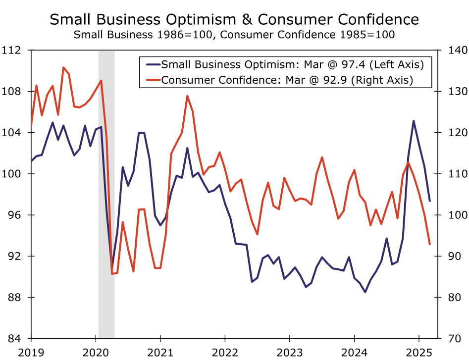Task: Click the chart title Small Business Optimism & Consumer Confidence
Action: click(234, 20)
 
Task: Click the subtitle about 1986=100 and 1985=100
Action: click(234, 35)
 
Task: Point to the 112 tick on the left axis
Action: click(13, 51)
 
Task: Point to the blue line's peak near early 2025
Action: click(414, 121)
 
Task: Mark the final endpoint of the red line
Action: click(430, 244)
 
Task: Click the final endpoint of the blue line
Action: click(430, 201)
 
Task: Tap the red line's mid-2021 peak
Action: click(187, 96)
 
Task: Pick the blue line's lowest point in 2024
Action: click(365, 292)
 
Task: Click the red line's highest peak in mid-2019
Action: click(63, 67)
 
